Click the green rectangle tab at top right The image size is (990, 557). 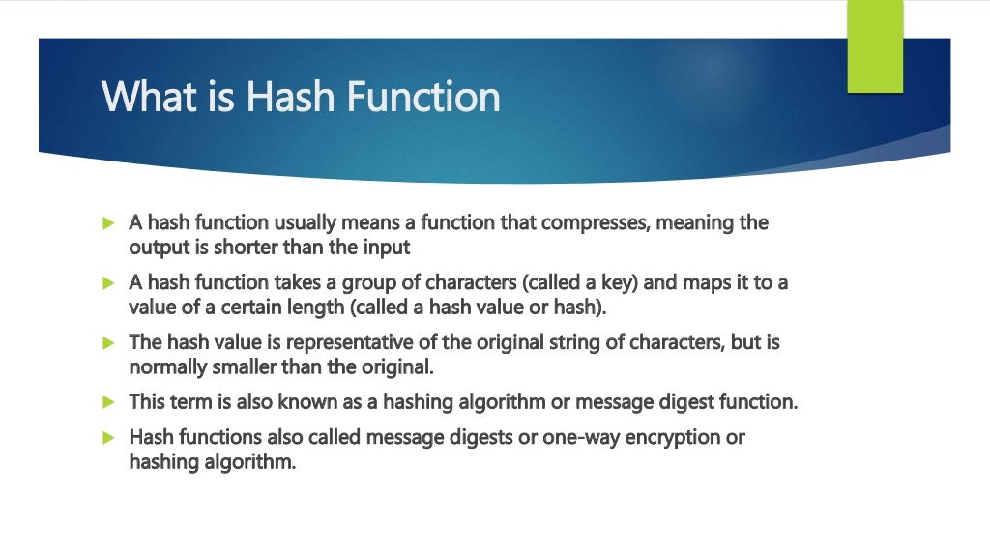point(875,45)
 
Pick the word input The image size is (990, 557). point(387,248)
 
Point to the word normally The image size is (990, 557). point(163,367)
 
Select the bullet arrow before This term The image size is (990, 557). point(109,401)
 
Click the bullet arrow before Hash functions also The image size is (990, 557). point(109,438)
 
